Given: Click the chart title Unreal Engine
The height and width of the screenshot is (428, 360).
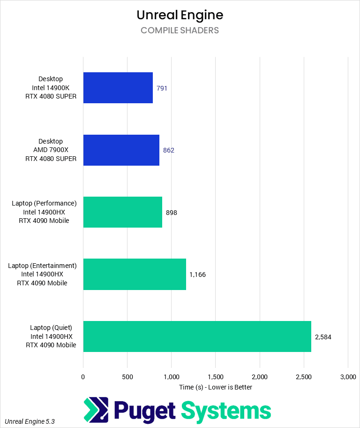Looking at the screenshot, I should [180, 15].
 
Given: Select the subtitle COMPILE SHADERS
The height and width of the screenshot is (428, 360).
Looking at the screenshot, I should [180, 31].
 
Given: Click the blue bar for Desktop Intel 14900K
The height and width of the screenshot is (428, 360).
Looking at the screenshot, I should [118, 88].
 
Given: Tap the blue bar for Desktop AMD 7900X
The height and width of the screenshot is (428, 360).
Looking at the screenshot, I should [121, 150].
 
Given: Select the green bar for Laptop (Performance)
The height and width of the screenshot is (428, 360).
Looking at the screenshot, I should [123, 212].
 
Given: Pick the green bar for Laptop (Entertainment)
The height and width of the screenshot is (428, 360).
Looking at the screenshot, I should [135, 274].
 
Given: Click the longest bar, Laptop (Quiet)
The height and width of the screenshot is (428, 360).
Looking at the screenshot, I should [197, 336].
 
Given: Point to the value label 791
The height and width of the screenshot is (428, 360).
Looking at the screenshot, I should [162, 88].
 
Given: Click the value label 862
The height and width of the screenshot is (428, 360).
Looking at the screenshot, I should [169, 150].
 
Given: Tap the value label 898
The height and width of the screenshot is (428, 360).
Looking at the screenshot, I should [172, 213].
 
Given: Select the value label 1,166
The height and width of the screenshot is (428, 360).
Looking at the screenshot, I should [197, 275].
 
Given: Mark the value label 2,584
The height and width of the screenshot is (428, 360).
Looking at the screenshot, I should [323, 337].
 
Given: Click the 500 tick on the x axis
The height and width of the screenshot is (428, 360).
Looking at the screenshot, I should [127, 376].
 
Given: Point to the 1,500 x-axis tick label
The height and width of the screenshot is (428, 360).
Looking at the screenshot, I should [215, 376].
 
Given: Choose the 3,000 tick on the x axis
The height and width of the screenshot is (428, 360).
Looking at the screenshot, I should [347, 376].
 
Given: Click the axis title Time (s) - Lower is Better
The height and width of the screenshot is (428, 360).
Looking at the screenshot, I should [216, 387].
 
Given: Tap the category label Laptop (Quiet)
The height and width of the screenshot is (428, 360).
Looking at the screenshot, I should [51, 327].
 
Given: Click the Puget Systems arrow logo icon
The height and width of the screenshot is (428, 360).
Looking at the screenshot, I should [96, 410].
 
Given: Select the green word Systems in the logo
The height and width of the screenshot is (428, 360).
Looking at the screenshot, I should [226, 411].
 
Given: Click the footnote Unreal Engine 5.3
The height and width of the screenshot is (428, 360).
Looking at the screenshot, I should [30, 421].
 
